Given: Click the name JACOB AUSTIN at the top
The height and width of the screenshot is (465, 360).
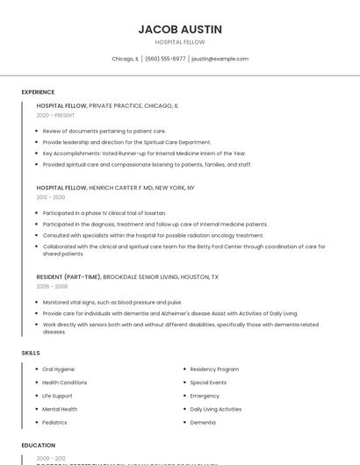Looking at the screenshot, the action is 180,29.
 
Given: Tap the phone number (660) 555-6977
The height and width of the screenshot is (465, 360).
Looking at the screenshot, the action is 165,59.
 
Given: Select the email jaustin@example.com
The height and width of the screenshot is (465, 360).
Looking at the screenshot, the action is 220,59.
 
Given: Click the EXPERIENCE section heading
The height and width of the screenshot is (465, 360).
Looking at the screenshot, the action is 38,92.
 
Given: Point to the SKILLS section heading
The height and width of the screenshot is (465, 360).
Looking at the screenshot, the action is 31,353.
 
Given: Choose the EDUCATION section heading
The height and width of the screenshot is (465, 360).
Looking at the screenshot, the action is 38,445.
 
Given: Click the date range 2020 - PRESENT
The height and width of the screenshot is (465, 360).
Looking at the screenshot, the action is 55,115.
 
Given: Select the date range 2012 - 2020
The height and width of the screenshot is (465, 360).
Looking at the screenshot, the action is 50,197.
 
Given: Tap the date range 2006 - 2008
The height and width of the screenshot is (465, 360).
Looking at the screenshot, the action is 52,286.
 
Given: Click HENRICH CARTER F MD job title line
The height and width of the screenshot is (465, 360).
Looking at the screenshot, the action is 115,188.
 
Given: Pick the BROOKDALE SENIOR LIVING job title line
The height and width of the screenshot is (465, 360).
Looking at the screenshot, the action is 127,276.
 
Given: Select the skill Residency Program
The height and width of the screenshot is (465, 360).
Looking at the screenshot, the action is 214,369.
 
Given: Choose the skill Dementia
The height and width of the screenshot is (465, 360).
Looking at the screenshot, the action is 203,422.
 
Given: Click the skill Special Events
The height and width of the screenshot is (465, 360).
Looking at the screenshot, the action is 208,383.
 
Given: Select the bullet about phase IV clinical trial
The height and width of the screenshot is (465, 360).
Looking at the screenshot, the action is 104,213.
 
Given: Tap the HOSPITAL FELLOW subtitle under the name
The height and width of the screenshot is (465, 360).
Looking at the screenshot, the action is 180,42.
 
